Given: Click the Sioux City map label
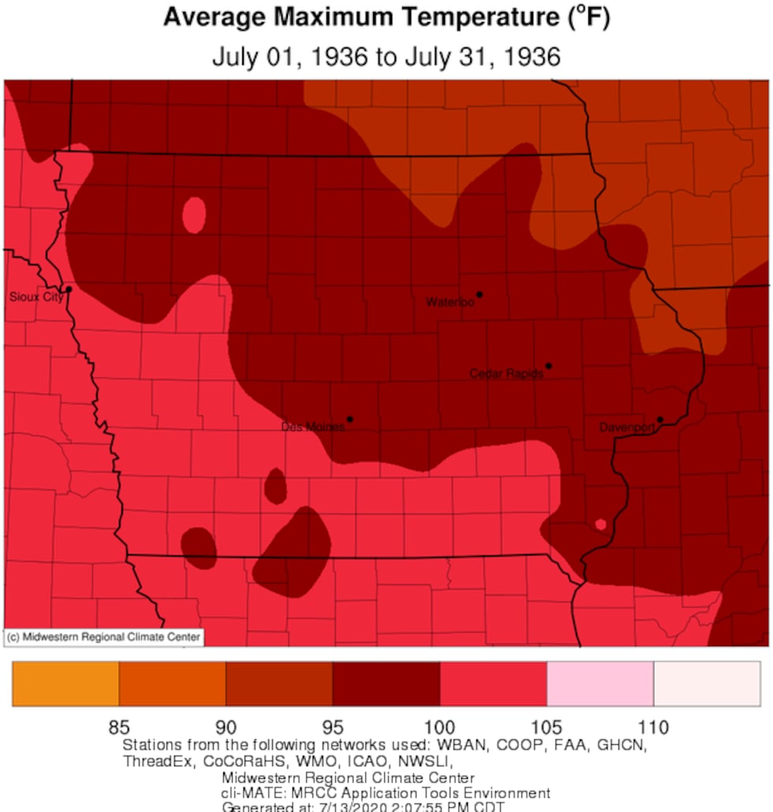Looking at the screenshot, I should click(35, 297).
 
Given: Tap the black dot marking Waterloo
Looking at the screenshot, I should click(480, 294).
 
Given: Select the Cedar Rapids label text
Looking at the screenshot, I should click(506, 373).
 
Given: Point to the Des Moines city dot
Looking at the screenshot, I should click(349, 419).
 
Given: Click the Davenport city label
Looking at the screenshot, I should click(627, 427).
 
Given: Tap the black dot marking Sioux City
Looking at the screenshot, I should click(69, 290).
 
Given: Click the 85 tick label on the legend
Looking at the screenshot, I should click(119, 727).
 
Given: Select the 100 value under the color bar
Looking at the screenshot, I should click(439, 727).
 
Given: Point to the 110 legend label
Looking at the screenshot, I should click(653, 727).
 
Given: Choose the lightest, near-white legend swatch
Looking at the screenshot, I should click(707, 683).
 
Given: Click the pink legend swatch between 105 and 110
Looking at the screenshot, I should click(599, 683).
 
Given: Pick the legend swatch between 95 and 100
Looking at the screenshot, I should click(386, 683).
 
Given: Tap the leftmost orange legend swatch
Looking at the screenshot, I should click(65, 683).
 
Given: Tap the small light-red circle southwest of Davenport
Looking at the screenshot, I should click(600, 524).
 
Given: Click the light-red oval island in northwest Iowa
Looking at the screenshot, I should click(194, 214).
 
